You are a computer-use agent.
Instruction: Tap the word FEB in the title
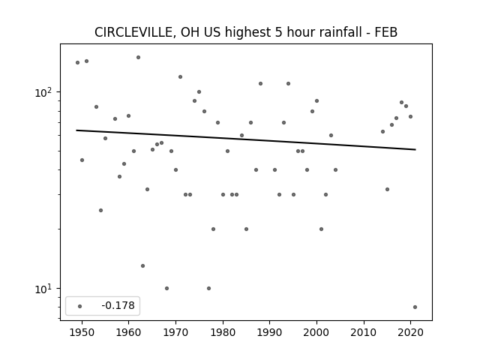point(386,32)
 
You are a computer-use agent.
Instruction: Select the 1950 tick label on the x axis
point(82,332)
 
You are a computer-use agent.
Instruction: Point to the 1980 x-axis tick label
point(223,332)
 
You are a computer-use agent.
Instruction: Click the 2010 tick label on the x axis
point(364,332)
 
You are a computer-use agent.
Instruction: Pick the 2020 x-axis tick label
point(411,332)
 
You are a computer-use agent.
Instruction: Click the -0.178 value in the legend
point(118,305)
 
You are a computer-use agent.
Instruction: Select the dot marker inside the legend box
point(80,306)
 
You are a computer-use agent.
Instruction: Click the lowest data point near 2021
point(415,307)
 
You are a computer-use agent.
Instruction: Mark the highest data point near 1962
point(138,57)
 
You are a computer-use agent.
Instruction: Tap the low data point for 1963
point(143,265)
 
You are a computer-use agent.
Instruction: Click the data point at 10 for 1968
point(166,288)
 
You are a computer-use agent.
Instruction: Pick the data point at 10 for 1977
point(208,288)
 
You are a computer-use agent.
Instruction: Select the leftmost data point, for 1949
point(78,62)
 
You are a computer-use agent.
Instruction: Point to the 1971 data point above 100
point(180,76)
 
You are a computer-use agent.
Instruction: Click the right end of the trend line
point(415,149)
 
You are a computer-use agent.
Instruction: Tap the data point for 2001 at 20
point(322,229)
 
